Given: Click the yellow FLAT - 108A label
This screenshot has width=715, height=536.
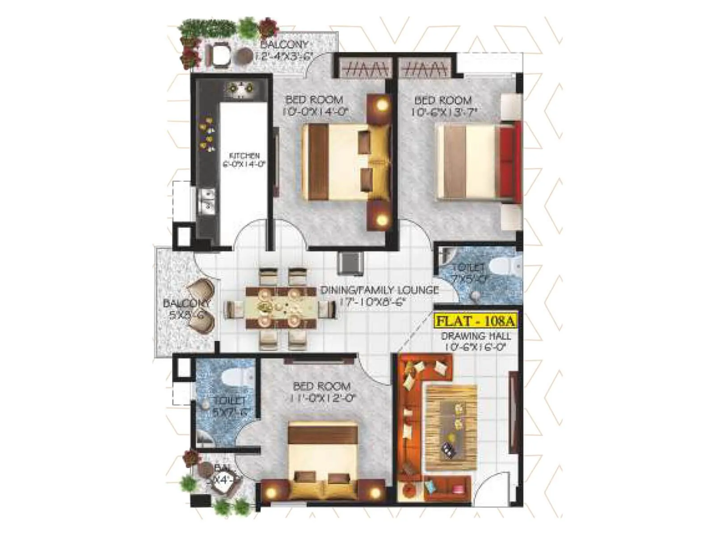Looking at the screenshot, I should click(475, 321).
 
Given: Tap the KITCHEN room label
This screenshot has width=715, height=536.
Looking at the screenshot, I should click(244, 156).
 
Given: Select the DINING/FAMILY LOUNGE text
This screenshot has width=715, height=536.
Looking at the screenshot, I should click(379, 290).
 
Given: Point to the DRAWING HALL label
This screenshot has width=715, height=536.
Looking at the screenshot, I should click(475, 336).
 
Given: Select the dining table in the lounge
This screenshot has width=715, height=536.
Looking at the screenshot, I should click(281, 308).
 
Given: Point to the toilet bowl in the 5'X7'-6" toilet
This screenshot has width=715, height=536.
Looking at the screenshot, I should click(236, 377).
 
